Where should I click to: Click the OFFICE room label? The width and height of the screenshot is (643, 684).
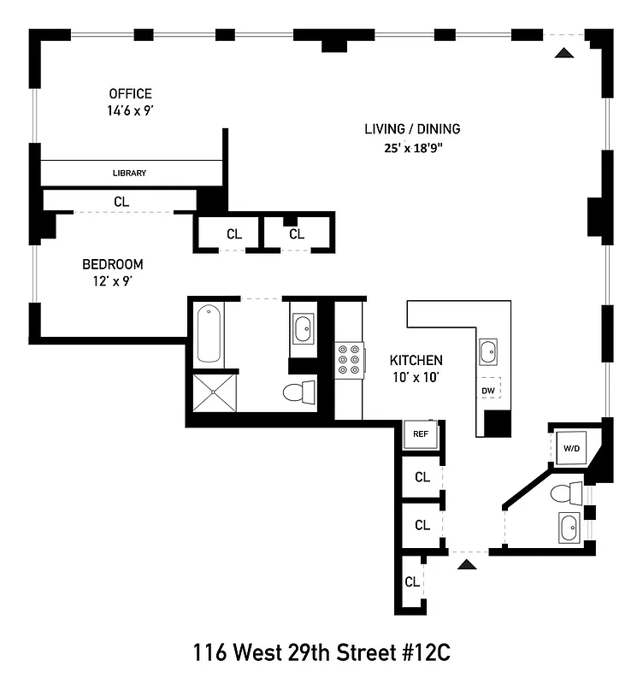point(130,93)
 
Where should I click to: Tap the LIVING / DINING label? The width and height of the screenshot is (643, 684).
point(412,129)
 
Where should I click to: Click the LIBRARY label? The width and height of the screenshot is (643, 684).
point(130,173)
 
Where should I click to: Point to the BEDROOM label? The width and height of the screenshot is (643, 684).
point(112,264)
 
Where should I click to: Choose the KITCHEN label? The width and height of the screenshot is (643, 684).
point(416,360)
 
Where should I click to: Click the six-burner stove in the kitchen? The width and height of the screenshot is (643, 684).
point(349,360)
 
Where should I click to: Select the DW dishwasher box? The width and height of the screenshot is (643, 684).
point(488,391)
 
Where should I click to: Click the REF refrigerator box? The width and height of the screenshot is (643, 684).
point(420,433)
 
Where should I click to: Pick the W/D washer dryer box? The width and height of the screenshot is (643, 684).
point(569,446)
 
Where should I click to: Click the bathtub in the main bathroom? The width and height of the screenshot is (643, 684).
point(210,334)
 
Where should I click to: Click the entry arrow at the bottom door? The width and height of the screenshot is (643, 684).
point(465,563)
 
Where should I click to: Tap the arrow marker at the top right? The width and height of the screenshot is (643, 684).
point(563,53)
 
